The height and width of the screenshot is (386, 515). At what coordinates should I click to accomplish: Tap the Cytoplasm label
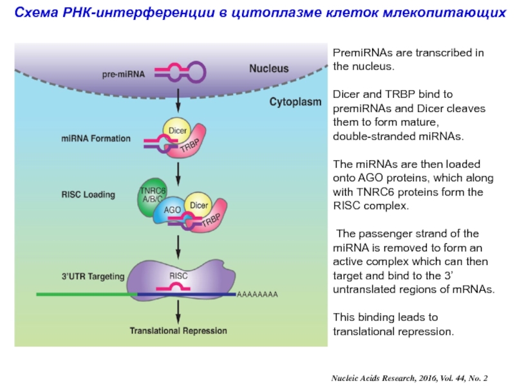click(295, 102)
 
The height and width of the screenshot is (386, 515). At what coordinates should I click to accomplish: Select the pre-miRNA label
click(124, 74)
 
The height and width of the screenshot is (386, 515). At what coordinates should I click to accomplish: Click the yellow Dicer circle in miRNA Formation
click(177, 129)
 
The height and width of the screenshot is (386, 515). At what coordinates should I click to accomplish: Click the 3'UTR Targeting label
click(93, 277)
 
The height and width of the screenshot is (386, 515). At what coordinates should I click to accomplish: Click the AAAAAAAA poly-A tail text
click(257, 294)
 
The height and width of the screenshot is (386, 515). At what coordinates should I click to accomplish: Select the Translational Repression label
click(178, 331)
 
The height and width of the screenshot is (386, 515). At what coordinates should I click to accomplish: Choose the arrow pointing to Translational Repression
click(178, 312)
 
